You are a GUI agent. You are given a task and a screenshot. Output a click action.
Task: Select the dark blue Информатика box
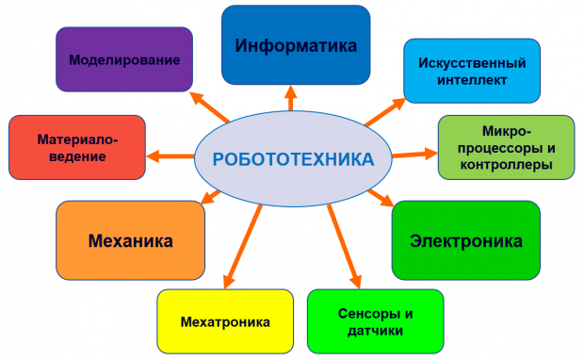pos(296,44)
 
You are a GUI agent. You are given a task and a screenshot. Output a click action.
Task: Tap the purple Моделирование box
pos(124,59)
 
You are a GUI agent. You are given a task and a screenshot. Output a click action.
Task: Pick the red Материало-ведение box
pos(77,148)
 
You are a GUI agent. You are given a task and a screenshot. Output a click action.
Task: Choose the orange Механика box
pos(130,240)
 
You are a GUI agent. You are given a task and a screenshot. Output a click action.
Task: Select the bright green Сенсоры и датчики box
pos(375,321)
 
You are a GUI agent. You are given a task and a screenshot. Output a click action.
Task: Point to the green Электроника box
pos(465,240)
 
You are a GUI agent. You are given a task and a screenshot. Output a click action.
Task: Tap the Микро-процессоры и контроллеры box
pos(507,148)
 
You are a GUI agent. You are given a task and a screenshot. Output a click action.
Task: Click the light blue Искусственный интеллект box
pos(472,72)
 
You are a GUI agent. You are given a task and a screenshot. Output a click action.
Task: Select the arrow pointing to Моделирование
pos(212,106)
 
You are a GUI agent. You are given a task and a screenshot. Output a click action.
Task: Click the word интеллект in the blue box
pos(472,80)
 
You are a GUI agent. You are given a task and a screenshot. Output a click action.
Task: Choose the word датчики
pos(375,331)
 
